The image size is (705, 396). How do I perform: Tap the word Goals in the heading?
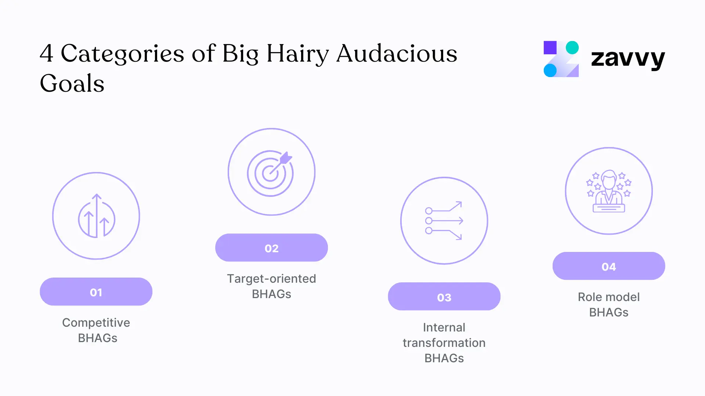72,84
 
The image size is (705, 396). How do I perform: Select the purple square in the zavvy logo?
550,48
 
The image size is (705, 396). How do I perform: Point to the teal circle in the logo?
572,48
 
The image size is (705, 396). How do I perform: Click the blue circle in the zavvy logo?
550,70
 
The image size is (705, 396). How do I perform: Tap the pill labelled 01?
96,292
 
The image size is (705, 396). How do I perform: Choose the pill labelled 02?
271,248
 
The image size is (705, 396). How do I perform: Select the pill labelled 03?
444,297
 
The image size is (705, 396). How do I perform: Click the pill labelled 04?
608,266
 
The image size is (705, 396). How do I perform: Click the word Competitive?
96,323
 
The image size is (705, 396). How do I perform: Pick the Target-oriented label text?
271,279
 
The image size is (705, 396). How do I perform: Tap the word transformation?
444,343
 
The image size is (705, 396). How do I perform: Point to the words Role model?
608,297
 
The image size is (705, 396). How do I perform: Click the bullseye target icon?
271,173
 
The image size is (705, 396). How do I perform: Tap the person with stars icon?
608,191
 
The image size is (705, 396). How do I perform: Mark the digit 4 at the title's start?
46,54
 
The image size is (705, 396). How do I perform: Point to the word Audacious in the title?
397,54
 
